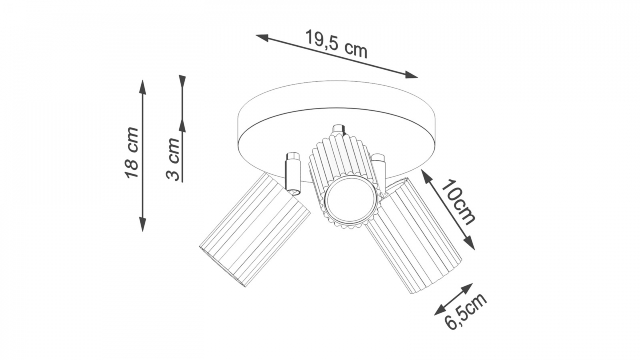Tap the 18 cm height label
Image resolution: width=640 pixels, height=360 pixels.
(132, 153)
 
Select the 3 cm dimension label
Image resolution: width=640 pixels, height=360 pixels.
(172, 159)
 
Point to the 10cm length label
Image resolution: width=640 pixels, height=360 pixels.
(458, 201)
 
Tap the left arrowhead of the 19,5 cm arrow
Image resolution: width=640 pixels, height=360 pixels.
(262, 37)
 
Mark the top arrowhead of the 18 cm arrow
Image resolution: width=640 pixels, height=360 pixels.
(143, 87)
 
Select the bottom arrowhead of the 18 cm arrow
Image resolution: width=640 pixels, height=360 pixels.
(143, 224)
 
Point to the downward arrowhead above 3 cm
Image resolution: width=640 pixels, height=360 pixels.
(182, 82)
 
